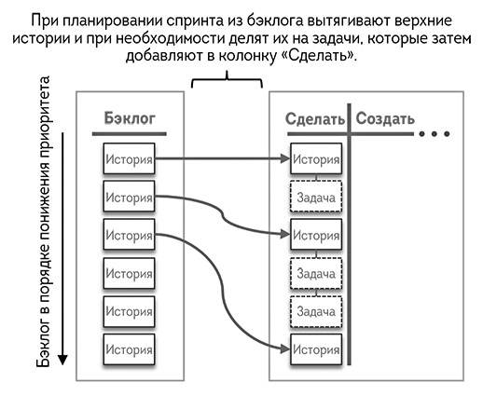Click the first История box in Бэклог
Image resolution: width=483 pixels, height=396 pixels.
[129, 158]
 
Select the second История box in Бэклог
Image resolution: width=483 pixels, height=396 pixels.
[129, 197]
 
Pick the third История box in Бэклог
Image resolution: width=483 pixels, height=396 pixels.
[129, 235]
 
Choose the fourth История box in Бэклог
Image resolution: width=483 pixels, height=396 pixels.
[129, 273]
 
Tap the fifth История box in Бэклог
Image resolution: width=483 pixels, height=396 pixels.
[129, 311]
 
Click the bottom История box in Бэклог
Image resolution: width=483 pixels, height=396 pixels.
[129, 349]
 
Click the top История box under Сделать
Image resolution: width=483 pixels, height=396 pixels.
[316, 158]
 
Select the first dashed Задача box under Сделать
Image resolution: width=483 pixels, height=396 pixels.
[316, 197]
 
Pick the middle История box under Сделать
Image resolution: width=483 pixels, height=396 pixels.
[316, 235]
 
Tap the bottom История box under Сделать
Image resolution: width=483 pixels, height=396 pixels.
[316, 349]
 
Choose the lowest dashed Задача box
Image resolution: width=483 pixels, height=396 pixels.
[316, 311]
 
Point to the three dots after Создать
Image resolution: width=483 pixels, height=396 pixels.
[435, 134]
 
